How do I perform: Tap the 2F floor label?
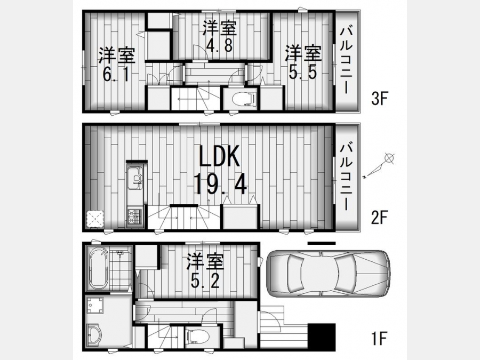click(x=379, y=218)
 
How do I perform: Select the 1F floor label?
click(x=379, y=339)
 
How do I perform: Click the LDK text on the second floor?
click(x=219, y=156)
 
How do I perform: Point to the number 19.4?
click(x=220, y=183)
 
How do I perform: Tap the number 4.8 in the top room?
click(x=220, y=45)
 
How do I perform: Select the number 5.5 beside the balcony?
click(x=302, y=72)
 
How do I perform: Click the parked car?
click(x=328, y=274)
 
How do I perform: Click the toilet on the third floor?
click(x=244, y=99)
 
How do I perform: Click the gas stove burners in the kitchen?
click(x=135, y=217)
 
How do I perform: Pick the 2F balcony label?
click(x=347, y=177)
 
